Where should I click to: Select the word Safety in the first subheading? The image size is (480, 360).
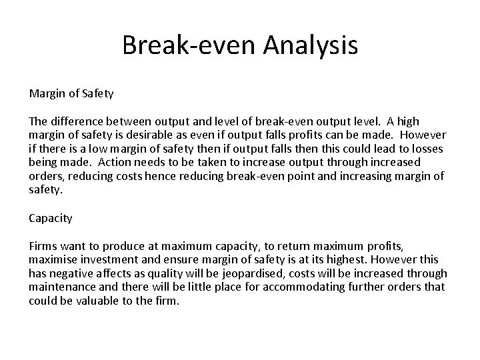tap(98, 94)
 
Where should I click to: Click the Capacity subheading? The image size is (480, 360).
tap(51, 217)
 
